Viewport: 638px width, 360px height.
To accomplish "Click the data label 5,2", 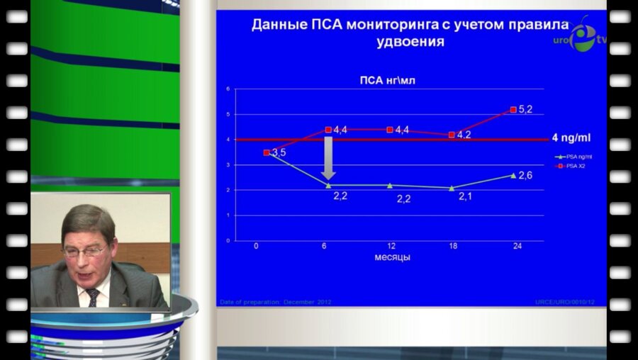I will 526,110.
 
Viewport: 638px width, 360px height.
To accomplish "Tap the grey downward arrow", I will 328,159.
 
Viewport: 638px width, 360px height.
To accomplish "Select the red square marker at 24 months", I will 513,110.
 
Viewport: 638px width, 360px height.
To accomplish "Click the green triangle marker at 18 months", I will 452,188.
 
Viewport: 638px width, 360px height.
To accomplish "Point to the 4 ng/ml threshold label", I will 570,138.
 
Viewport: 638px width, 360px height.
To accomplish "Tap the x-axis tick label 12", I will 391,246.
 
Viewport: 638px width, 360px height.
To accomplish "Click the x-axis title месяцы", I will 392,257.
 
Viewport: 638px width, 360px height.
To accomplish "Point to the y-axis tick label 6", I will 229,89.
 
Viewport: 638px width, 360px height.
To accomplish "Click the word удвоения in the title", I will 410,42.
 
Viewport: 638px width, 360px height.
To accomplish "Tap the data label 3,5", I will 279,152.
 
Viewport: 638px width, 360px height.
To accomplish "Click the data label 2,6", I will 525,175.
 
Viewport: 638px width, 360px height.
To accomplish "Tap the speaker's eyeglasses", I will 84,250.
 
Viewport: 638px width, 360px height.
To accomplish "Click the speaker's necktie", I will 93,296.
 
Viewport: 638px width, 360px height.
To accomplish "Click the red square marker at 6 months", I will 328,130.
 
